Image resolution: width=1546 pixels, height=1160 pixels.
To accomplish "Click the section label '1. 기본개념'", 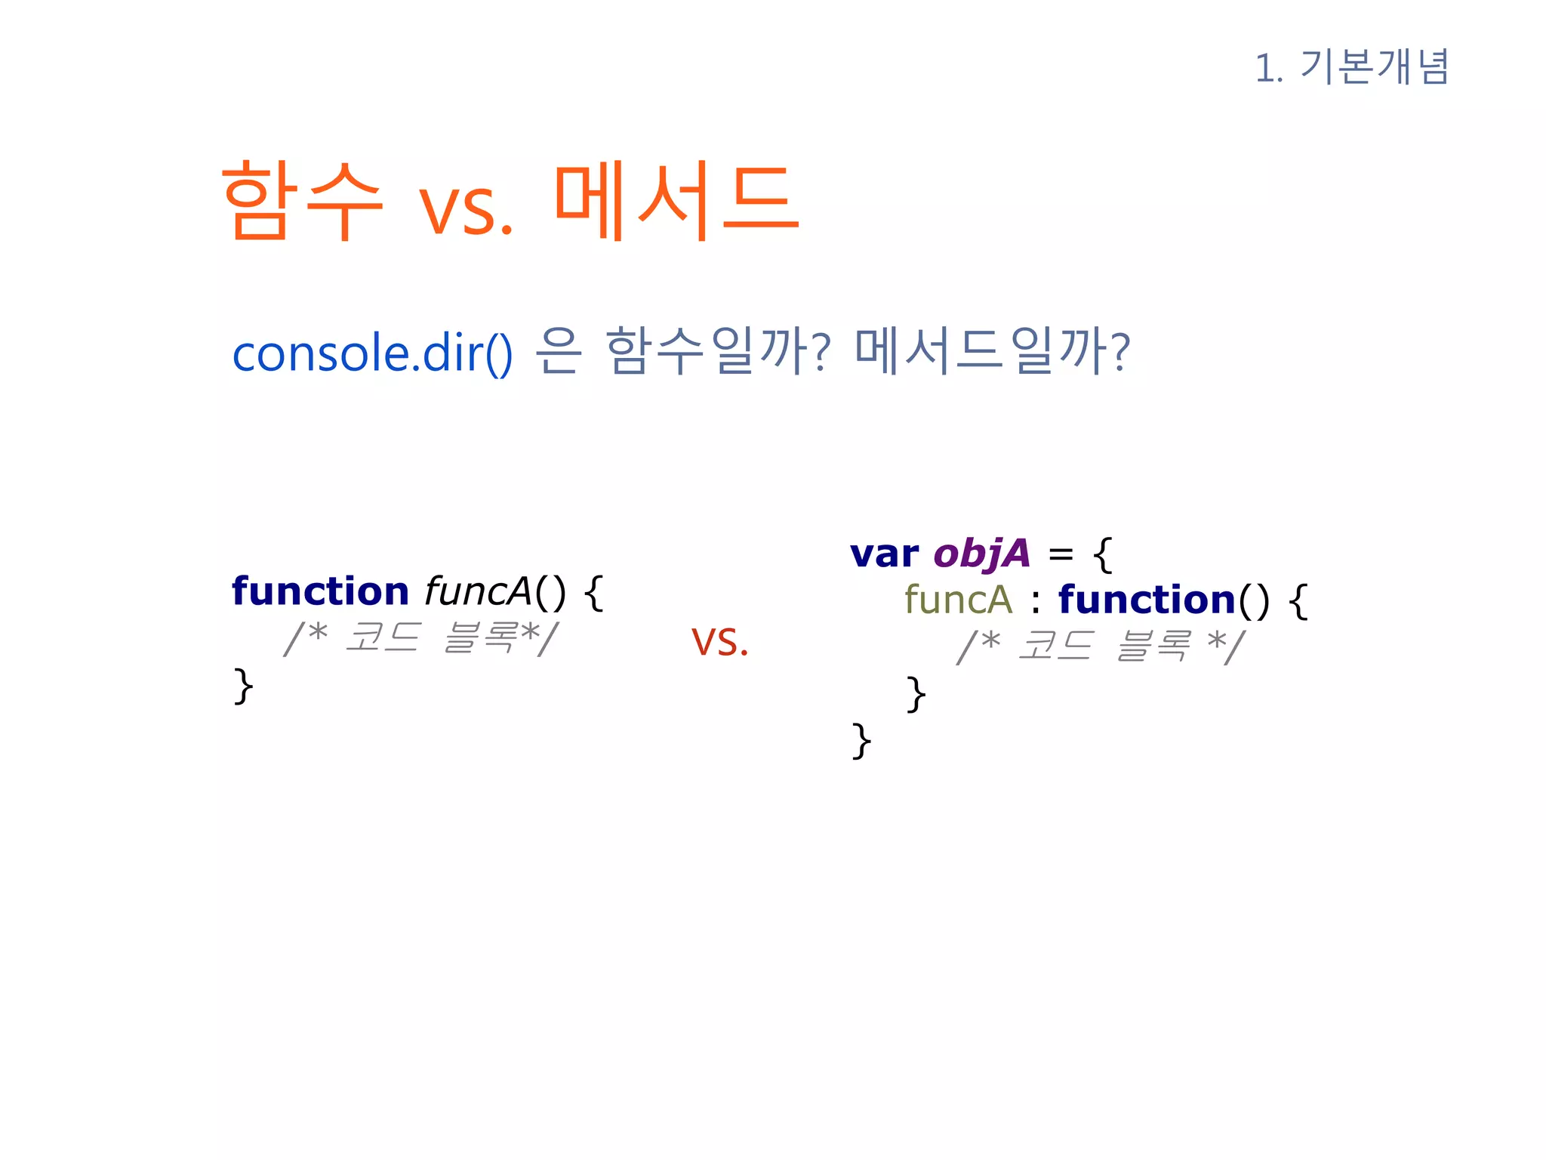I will pos(1351,67).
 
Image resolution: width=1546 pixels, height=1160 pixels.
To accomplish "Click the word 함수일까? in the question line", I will pos(718,352).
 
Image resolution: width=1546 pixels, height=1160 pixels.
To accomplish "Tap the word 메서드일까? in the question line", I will pos(993,352).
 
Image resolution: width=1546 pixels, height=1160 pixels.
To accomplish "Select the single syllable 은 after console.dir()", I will pos(559,352).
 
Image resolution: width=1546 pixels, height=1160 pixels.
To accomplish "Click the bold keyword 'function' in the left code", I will pos(320,591).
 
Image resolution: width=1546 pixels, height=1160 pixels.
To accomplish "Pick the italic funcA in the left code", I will pos(479,591).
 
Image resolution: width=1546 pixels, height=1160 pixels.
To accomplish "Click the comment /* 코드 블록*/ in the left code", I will pos(420,638).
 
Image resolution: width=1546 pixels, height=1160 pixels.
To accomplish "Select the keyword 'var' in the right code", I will pos(884,554).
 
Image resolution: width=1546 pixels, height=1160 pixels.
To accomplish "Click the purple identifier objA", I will pos(981,554).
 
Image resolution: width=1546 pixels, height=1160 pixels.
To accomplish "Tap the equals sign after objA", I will pos(1061,555).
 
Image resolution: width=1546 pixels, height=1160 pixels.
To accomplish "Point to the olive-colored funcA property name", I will pos(958,600).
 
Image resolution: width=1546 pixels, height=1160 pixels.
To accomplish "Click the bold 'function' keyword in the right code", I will pos(1147,600).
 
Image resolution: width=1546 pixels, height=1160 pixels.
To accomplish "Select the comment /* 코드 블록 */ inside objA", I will pos(1100,646).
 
